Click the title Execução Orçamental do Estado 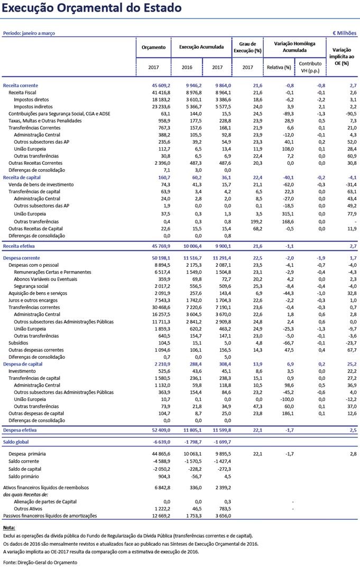[92, 8]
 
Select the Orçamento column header [153, 47]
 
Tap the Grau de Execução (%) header [247, 47]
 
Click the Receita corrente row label [21, 86]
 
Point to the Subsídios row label [19, 342]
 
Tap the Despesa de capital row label [22, 364]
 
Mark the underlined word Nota [9, 528]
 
